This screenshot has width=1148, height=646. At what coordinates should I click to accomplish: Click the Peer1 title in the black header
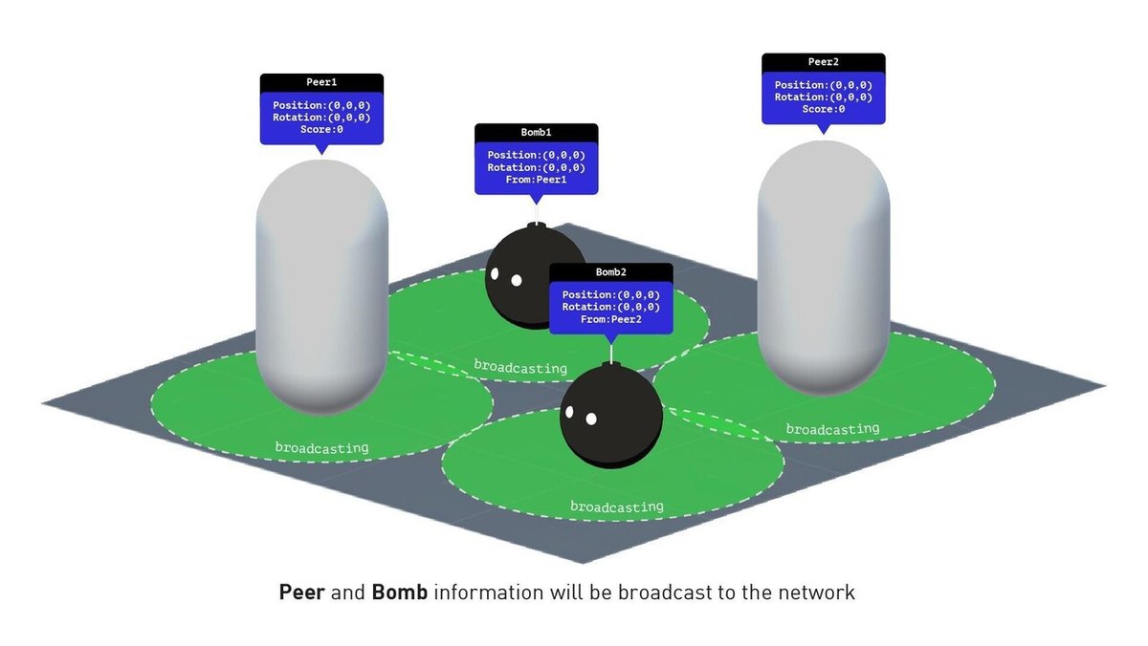(x=321, y=83)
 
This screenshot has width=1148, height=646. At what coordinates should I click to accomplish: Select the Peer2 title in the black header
(x=823, y=62)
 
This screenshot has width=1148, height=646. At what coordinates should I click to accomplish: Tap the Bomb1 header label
(x=536, y=133)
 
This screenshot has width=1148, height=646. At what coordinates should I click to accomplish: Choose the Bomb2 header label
(x=610, y=272)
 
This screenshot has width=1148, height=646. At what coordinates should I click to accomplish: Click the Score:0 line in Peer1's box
(x=321, y=129)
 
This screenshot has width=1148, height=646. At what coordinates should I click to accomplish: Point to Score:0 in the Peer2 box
(x=823, y=109)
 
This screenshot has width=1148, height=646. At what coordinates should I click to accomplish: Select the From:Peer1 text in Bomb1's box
(x=536, y=180)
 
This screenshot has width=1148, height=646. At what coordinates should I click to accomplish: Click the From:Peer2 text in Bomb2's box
(x=610, y=319)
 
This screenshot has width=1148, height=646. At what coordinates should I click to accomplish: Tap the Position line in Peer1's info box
(x=321, y=105)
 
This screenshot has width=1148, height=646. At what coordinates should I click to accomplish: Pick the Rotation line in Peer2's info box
(x=823, y=97)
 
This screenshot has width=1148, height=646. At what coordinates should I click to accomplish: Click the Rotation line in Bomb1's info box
(x=536, y=167)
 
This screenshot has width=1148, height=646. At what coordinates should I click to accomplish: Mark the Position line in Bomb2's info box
(x=610, y=295)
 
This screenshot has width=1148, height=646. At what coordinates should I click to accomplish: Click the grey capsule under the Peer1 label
(x=321, y=287)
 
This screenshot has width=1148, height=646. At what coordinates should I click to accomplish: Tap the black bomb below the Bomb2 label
(x=610, y=420)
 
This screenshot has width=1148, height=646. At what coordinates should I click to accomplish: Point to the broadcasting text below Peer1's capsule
(x=321, y=447)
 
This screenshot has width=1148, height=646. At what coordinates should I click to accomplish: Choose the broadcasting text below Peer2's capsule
(x=832, y=430)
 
